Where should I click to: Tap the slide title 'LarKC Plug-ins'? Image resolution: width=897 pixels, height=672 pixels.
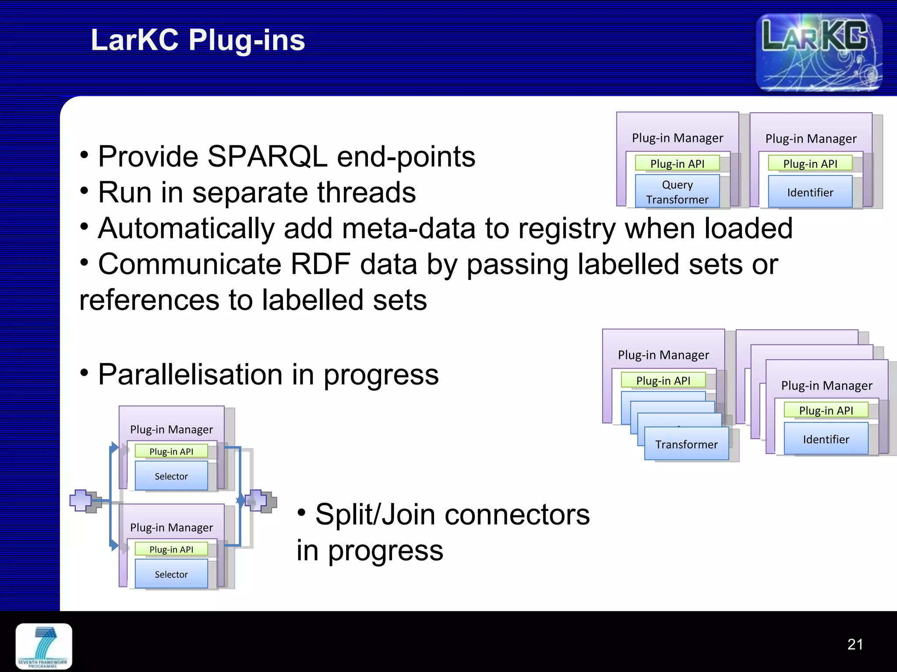coord(198,40)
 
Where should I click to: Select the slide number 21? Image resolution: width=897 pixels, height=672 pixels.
coord(855,644)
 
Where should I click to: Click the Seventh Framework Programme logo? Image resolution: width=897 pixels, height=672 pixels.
coord(44,646)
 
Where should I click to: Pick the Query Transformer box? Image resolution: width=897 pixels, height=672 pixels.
coord(677,192)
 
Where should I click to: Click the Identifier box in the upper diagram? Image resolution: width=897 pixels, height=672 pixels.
coord(810,192)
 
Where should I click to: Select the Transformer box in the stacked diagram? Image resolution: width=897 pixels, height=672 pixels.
coord(686,444)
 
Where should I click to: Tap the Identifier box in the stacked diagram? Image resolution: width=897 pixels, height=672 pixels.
coord(826,439)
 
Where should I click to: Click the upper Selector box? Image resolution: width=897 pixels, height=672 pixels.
coord(171,476)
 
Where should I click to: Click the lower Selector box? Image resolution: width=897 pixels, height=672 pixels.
coord(171,574)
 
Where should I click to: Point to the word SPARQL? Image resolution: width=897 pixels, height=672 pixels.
coord(267,156)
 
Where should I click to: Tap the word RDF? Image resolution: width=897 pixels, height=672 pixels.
coord(321,264)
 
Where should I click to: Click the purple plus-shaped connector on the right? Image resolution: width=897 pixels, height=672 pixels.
coord(256,500)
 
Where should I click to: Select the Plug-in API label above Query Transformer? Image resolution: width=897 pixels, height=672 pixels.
coord(677,164)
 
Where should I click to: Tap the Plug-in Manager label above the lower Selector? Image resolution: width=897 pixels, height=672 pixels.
coord(171,527)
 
